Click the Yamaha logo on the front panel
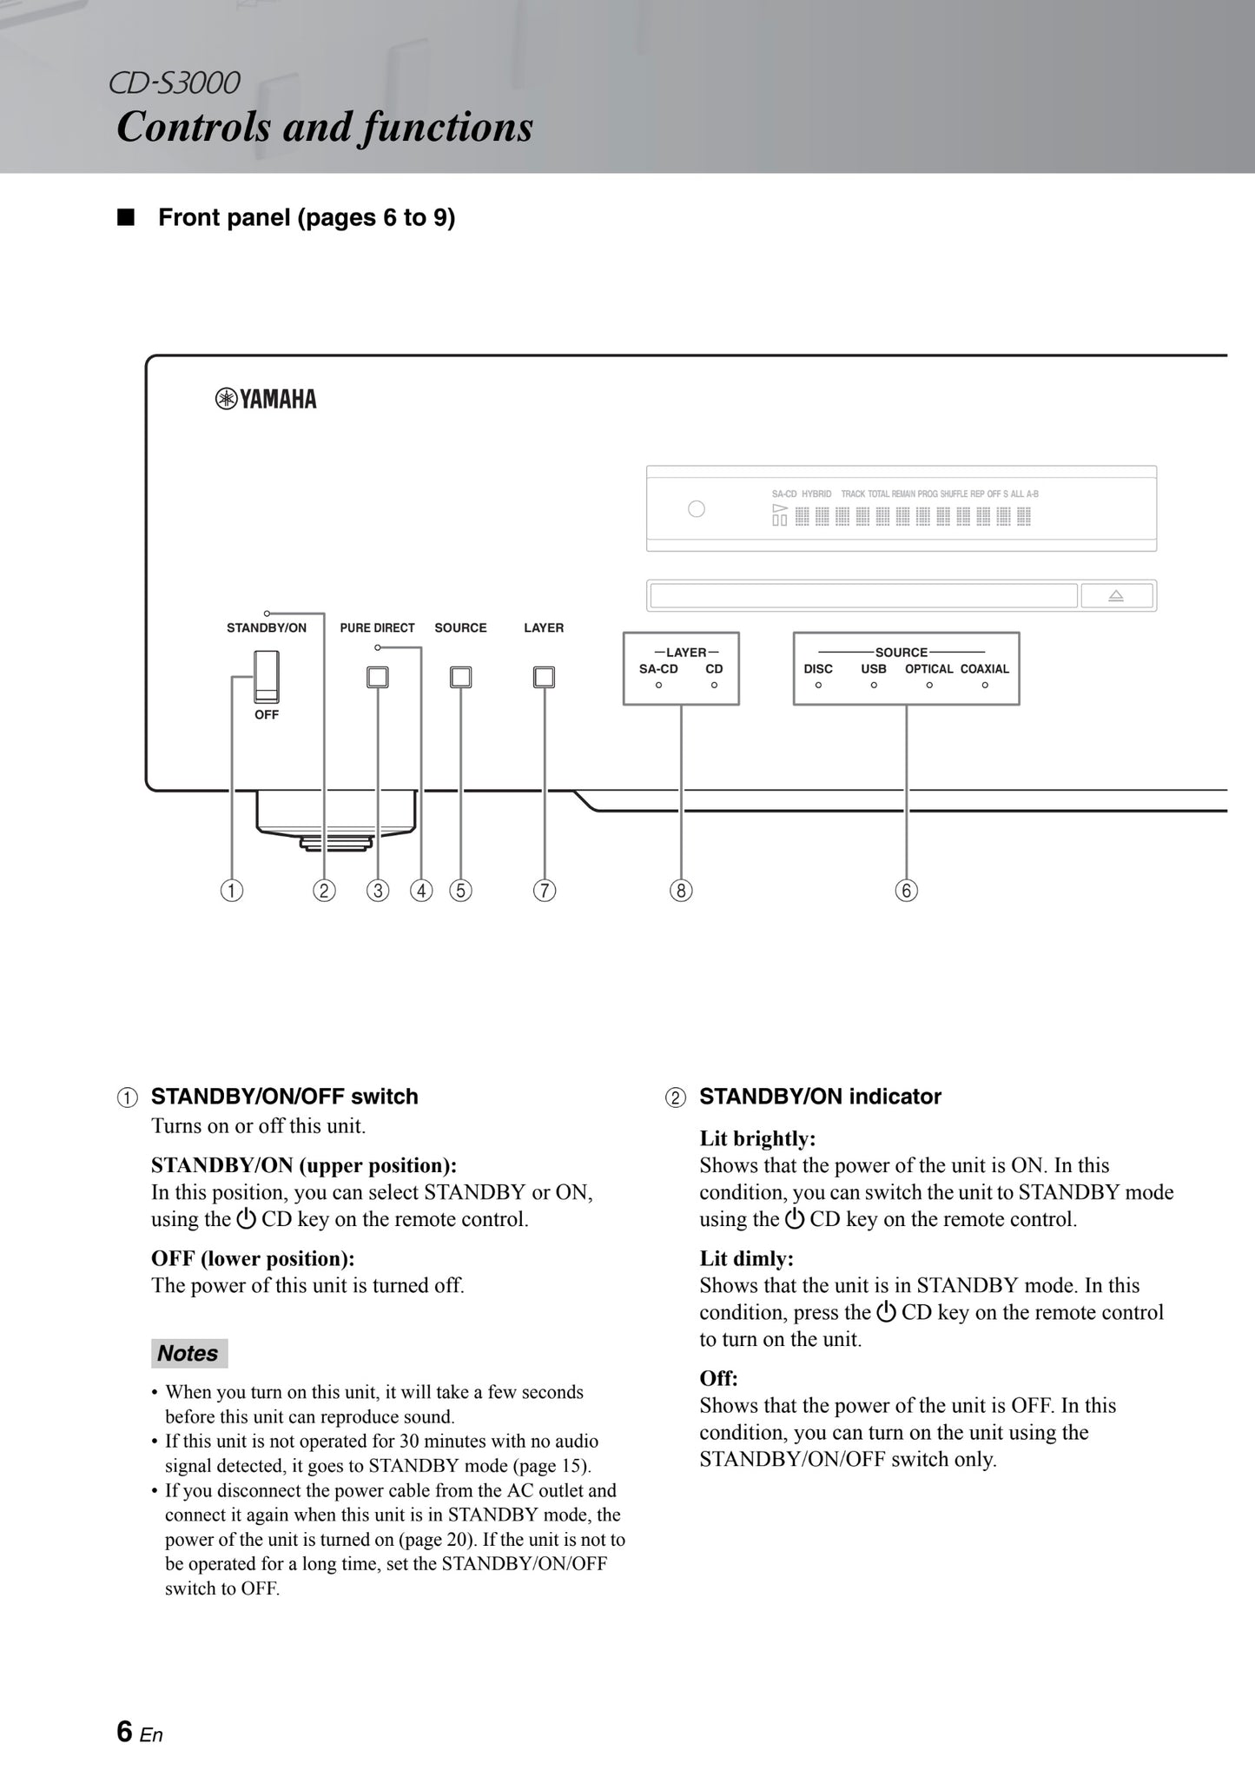click(266, 400)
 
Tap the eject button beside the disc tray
click(1116, 596)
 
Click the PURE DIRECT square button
click(377, 677)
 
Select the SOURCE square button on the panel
click(460, 677)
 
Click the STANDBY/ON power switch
click(267, 676)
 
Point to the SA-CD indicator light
click(658, 686)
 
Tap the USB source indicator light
click(874, 686)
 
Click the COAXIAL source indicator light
click(985, 686)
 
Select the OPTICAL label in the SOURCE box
click(928, 669)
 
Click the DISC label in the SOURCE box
click(818, 669)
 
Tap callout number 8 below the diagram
click(681, 891)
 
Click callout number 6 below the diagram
click(906, 891)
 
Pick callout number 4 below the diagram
click(421, 891)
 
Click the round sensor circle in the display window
click(697, 509)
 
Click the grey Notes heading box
click(188, 1353)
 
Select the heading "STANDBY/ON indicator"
click(820, 1097)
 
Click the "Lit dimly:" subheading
click(747, 1258)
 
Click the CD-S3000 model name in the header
click(175, 83)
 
